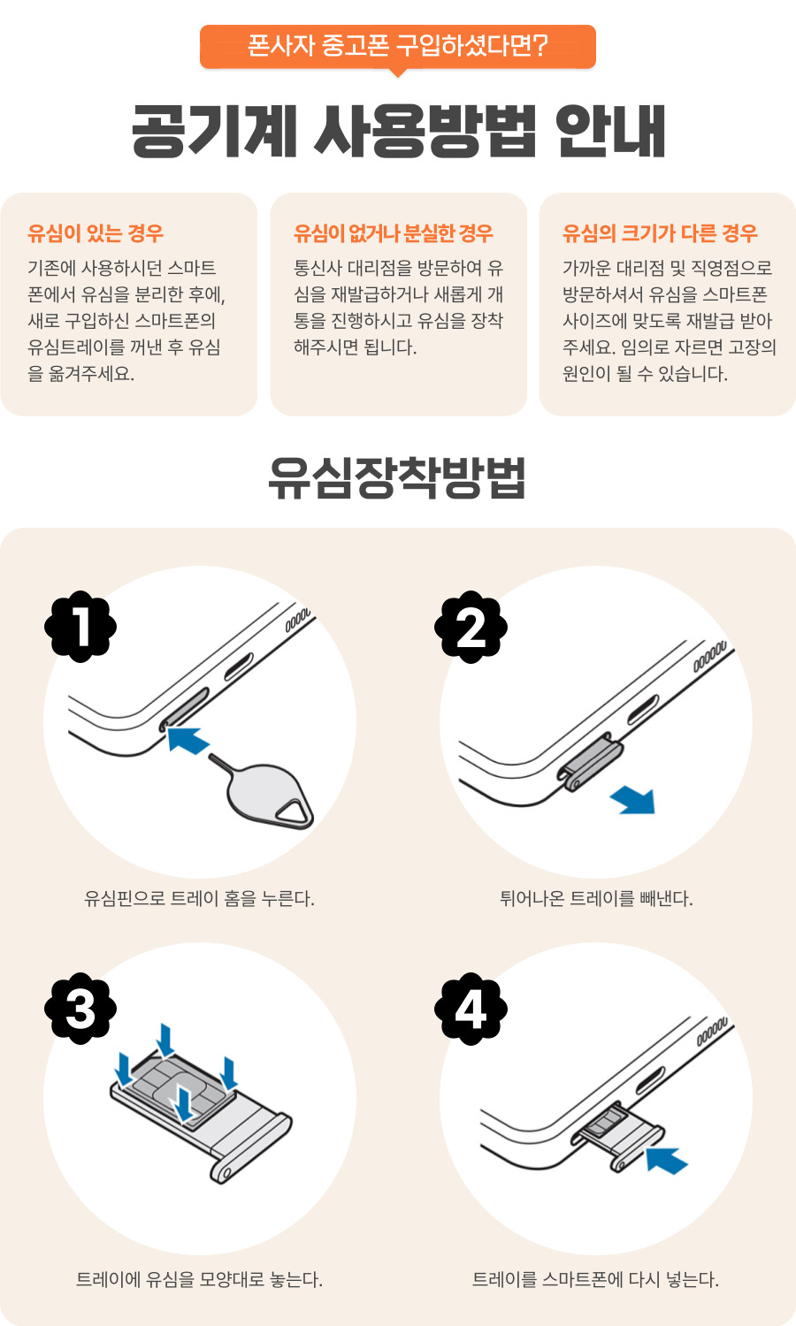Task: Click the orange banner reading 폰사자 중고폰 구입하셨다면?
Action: click(x=397, y=46)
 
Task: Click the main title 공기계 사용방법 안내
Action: click(x=398, y=132)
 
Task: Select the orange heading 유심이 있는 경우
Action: click(x=96, y=233)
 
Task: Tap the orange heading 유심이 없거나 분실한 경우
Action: click(x=394, y=233)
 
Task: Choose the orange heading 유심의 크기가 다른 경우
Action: click(x=660, y=233)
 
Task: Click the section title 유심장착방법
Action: click(x=397, y=478)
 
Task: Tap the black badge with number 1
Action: click(x=80, y=627)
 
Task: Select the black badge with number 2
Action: click(x=471, y=627)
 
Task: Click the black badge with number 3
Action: click(x=80, y=1009)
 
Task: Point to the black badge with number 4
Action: click(x=471, y=1009)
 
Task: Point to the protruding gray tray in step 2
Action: click(x=591, y=760)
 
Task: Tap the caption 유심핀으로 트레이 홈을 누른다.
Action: click(x=199, y=899)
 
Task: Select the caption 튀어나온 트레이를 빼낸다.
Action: click(x=596, y=899)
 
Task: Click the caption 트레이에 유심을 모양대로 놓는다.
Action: click(x=199, y=1279)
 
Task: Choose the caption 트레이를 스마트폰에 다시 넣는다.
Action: click(x=596, y=1279)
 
